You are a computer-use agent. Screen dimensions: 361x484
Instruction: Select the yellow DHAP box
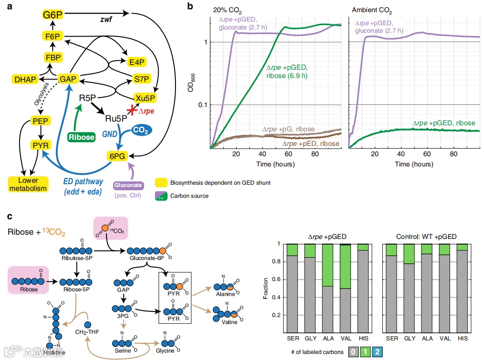click(25, 79)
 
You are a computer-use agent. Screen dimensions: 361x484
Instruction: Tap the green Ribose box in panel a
click(81, 137)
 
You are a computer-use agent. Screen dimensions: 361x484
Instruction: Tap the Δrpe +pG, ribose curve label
click(288, 129)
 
